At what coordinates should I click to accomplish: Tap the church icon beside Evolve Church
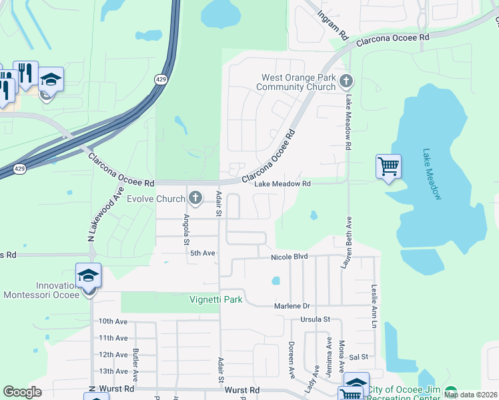[x=195, y=197]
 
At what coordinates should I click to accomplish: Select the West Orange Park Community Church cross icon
[x=346, y=82]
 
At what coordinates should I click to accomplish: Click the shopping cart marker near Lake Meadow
[x=388, y=166]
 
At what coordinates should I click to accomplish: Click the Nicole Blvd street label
[x=290, y=257]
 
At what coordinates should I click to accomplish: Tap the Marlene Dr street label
[x=292, y=306]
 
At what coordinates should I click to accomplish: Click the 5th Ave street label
[x=203, y=253]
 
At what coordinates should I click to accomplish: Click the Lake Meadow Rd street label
[x=283, y=184]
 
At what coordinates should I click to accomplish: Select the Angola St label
[x=187, y=229]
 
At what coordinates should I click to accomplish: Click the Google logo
[x=22, y=391]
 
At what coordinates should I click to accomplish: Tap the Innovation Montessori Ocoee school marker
[x=88, y=275]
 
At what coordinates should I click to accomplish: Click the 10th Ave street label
[x=113, y=321]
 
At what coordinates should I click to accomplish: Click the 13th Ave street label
[x=112, y=371]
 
